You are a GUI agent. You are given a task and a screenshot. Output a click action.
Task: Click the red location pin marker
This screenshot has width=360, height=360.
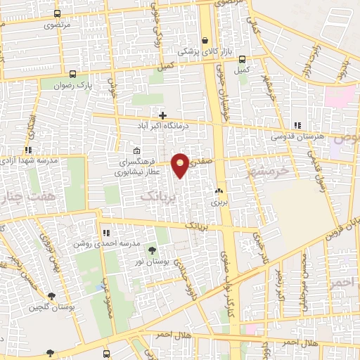[x=181, y=165]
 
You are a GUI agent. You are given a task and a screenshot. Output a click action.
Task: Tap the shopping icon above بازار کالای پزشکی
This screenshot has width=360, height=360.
[x=205, y=41]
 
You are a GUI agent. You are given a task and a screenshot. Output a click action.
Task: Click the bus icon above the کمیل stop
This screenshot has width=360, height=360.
[x=243, y=59]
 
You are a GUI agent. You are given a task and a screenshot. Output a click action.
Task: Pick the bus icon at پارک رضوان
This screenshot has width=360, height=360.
[x=73, y=73]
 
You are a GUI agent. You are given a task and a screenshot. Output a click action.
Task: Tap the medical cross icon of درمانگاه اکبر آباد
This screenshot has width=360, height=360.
[x=162, y=115]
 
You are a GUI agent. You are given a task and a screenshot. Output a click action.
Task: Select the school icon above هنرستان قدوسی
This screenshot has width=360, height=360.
[x=296, y=124]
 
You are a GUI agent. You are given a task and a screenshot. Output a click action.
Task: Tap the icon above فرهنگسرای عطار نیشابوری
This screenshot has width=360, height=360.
[x=136, y=150]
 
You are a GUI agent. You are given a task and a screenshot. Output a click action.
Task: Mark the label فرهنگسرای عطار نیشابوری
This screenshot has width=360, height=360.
[x=138, y=166]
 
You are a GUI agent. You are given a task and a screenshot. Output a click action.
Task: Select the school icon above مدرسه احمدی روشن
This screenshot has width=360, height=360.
[x=107, y=232]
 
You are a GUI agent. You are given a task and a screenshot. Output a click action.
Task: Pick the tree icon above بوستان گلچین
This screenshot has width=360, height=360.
[x=51, y=296]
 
